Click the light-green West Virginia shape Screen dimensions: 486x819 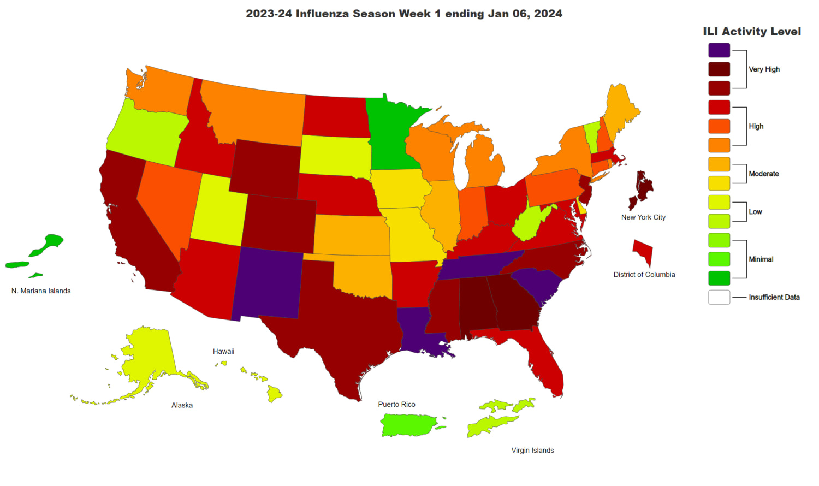pyautogui.click(x=532, y=224)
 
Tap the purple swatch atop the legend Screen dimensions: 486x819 pyautogui.click(x=719, y=50)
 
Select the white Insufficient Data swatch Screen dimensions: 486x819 pyautogui.click(x=719, y=297)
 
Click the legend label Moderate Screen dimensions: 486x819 pyautogui.click(x=764, y=174)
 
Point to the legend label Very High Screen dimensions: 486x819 pyautogui.click(x=764, y=69)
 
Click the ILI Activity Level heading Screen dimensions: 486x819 pyautogui.click(x=752, y=32)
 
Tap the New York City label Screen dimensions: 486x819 pyautogui.click(x=643, y=217)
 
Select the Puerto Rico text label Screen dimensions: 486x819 pyautogui.click(x=396, y=405)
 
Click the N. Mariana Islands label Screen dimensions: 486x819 pyautogui.click(x=41, y=291)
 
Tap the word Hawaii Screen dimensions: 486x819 pyautogui.click(x=223, y=352)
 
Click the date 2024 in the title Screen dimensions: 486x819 pyautogui.click(x=548, y=14)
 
